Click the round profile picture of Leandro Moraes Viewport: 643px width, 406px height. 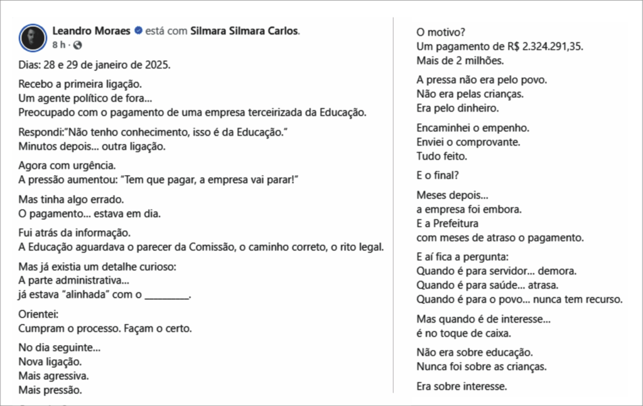[x=33, y=38]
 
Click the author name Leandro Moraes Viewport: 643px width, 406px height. [x=92, y=31]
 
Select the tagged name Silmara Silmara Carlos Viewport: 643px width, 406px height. [x=245, y=31]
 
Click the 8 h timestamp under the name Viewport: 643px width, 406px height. [x=58, y=45]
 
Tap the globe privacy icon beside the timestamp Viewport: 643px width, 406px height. [x=77, y=45]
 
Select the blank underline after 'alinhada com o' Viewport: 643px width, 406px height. [x=166, y=294]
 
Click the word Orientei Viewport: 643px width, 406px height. [x=38, y=314]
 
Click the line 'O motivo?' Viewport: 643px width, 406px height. [x=441, y=32]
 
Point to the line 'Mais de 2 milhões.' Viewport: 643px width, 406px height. [x=460, y=61]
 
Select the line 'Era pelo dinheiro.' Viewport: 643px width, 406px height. [x=457, y=108]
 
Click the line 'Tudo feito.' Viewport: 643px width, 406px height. [x=441, y=156]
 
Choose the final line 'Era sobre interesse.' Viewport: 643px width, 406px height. [x=461, y=386]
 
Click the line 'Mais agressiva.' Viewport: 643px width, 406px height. [x=53, y=376]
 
